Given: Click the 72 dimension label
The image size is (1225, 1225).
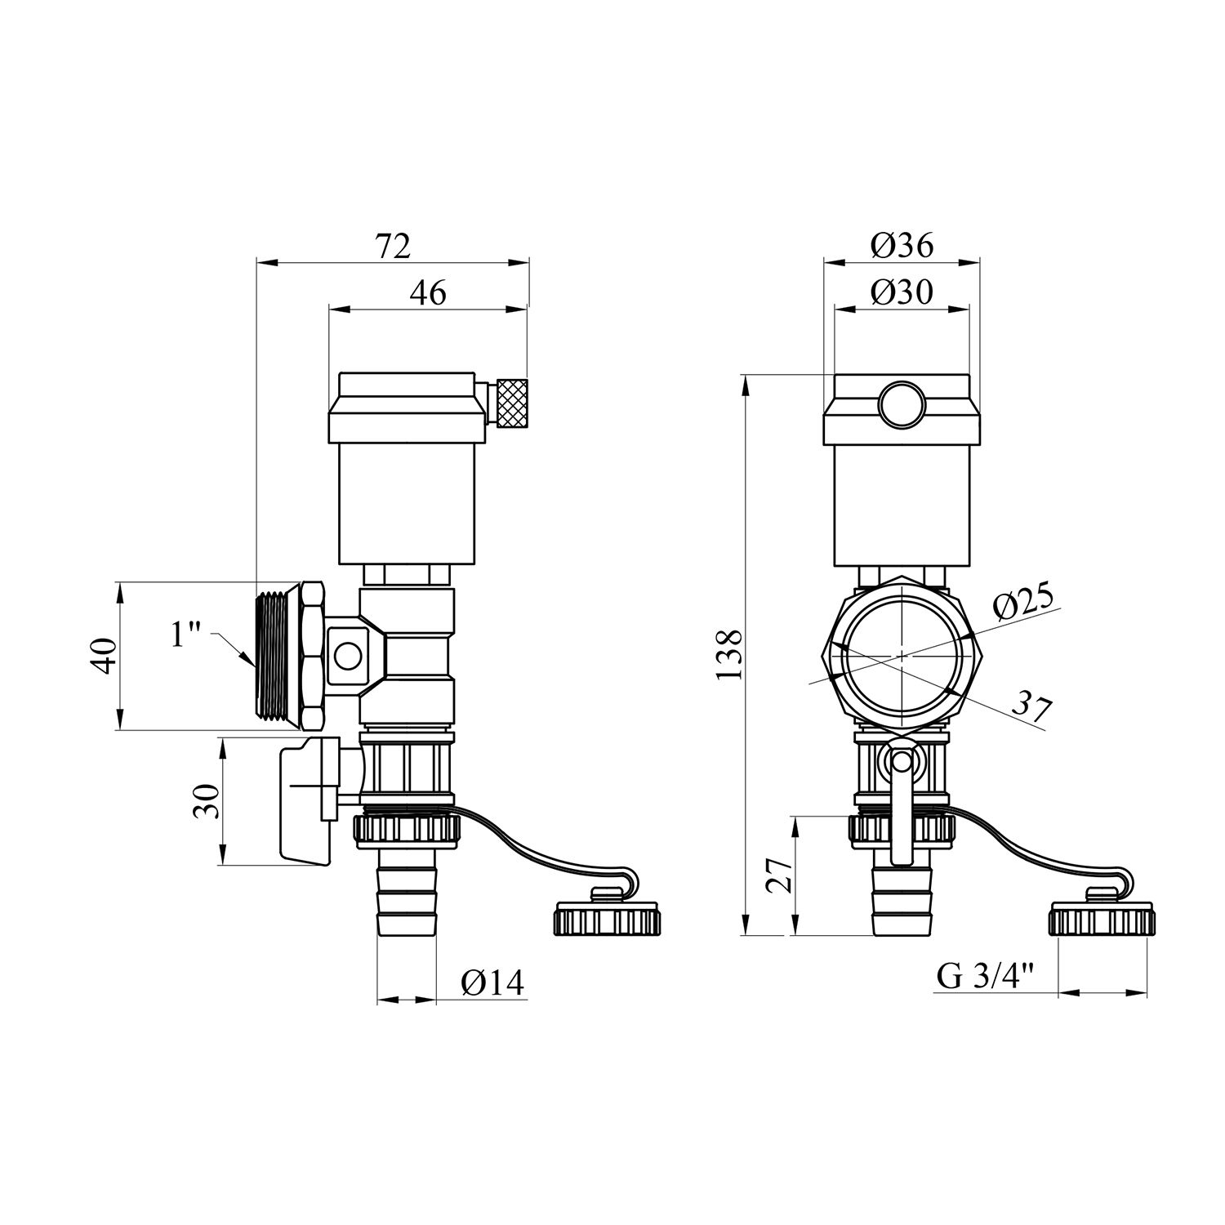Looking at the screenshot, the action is (393, 245).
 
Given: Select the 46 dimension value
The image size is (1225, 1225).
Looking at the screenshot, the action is (428, 292).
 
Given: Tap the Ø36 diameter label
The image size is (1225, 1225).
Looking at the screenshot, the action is (902, 244).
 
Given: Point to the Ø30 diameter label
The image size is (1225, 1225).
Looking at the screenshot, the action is (902, 292).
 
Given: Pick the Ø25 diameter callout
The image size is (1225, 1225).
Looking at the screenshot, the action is (1024, 603).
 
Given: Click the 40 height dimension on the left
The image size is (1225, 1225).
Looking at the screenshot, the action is (105, 655).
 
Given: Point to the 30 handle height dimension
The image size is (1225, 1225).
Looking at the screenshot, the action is (207, 801).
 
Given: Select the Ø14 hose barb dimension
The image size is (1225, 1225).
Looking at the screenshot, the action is (492, 982).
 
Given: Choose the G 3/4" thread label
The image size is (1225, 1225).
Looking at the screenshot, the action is (985, 977).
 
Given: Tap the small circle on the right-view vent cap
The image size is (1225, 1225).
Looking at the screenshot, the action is (902, 403).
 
